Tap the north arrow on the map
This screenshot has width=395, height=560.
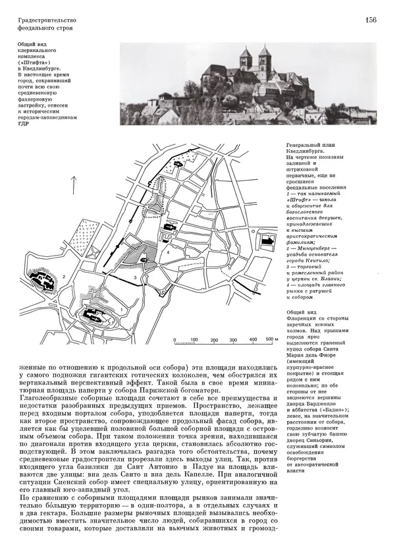coord(75,186)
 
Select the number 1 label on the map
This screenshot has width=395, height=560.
coord(122,308)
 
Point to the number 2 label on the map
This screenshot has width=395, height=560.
coord(65,276)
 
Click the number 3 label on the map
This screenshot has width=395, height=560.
coord(134,279)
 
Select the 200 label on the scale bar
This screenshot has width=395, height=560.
coord(213,341)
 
